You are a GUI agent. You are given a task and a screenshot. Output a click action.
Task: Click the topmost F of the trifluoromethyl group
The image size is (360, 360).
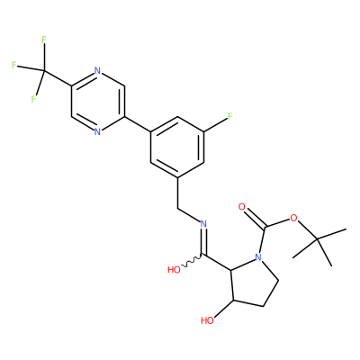(44, 40)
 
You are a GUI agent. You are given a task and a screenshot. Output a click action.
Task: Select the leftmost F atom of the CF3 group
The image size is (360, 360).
(13, 65)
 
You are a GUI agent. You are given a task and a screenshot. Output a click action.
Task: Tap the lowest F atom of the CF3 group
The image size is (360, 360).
(33, 99)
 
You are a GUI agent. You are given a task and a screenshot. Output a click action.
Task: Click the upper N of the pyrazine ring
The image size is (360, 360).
(97, 71)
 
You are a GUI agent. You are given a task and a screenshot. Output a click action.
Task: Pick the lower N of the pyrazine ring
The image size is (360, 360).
(97, 131)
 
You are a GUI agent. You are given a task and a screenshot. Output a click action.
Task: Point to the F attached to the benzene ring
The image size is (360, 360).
(229, 116)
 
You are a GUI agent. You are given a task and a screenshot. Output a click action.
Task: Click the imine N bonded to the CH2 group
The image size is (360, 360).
(203, 224)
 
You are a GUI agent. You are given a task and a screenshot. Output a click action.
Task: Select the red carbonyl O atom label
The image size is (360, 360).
(242, 207)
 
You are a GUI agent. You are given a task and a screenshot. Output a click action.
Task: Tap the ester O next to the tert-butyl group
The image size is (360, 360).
(293, 218)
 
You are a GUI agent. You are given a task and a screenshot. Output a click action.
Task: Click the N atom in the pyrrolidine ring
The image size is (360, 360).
(258, 257)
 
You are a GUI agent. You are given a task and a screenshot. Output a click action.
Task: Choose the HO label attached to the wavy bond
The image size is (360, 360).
(174, 270)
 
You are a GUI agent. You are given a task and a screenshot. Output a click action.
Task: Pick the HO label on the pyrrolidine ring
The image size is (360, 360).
(207, 320)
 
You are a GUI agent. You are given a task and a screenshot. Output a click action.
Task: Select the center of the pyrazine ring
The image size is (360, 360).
(98, 101)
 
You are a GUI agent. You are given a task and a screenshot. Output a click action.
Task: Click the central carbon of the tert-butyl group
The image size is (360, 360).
(318, 238)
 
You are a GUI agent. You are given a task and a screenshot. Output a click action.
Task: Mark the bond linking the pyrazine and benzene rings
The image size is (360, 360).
(138, 124)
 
